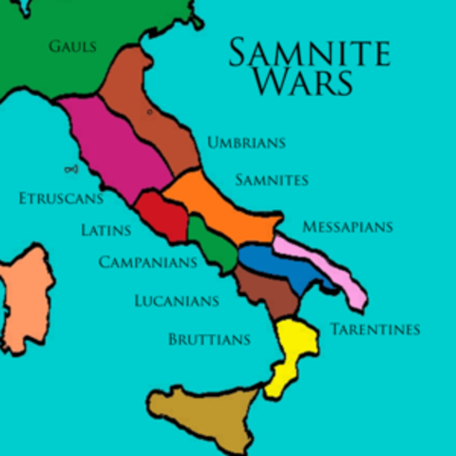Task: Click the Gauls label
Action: click(x=72, y=46)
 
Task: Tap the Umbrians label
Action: click(x=246, y=143)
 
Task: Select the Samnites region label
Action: click(x=271, y=180)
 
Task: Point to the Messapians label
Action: click(x=347, y=227)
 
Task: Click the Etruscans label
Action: click(x=59, y=199)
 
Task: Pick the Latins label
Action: click(x=106, y=230)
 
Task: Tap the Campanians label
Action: click(x=148, y=261)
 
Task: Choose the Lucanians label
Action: click(x=177, y=301)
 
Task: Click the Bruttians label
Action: click(x=209, y=339)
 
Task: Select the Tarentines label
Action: click(x=374, y=330)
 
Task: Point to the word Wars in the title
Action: click(x=303, y=83)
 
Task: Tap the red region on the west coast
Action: click(x=161, y=216)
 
